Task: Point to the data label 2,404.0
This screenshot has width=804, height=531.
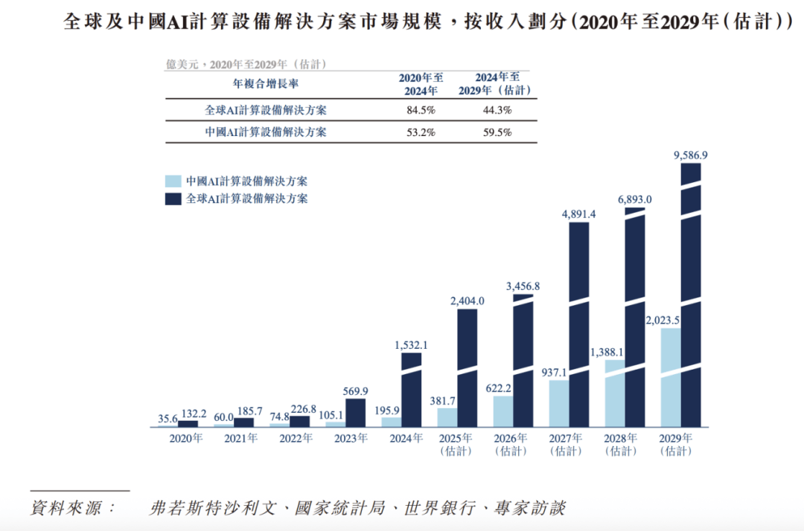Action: coord(467,300)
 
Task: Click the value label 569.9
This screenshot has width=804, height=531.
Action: coord(355,391)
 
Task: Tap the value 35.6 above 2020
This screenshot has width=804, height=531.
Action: coord(168,419)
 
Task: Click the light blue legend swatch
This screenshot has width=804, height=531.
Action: coord(173,181)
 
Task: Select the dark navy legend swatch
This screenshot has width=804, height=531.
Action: coord(173,199)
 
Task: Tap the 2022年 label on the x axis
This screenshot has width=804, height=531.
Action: coord(297,438)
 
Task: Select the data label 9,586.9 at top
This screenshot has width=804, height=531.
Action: coord(690,155)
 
